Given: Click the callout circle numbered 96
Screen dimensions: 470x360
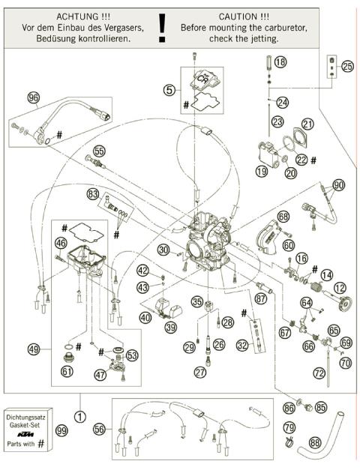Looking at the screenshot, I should point(33,97).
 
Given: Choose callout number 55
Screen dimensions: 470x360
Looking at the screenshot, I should point(100,150).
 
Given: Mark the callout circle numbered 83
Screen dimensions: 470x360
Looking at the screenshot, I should point(92,193).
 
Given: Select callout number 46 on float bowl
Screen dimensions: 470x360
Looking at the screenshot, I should point(60,242).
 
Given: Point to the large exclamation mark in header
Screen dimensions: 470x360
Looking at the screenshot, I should point(161,27).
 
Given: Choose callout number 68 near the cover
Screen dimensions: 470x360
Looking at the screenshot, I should point(283,217).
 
